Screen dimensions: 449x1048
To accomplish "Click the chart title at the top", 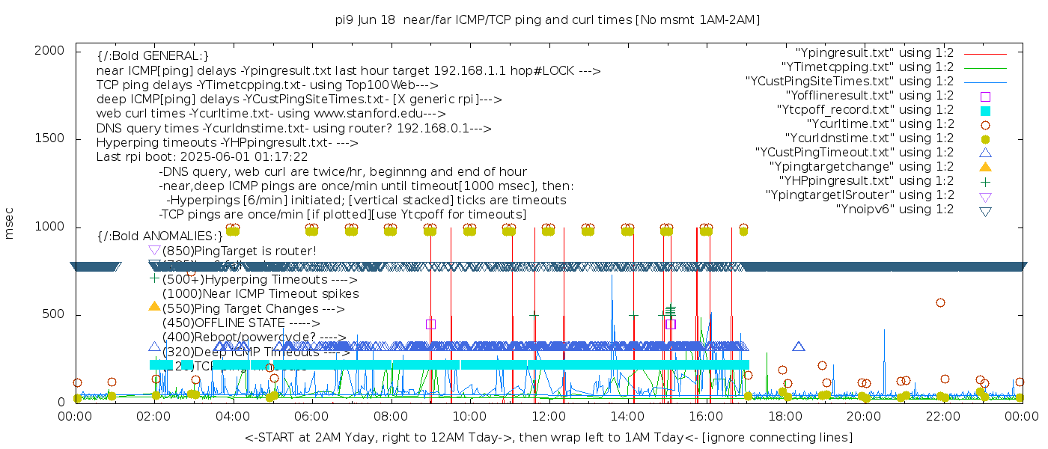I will point(547,19).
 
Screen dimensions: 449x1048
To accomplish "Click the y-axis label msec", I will point(10,226).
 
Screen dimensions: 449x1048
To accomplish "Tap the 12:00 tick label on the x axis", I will point(549,417).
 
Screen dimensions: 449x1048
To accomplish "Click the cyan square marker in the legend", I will point(985,110).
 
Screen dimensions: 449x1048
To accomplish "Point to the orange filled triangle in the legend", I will point(985,166).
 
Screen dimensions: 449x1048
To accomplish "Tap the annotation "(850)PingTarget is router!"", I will point(240,251).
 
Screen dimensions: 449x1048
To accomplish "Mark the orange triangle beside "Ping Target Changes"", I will point(154,306).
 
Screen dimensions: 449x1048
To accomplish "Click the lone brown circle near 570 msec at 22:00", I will point(940,303).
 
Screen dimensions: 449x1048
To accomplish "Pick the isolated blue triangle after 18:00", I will point(799,346).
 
